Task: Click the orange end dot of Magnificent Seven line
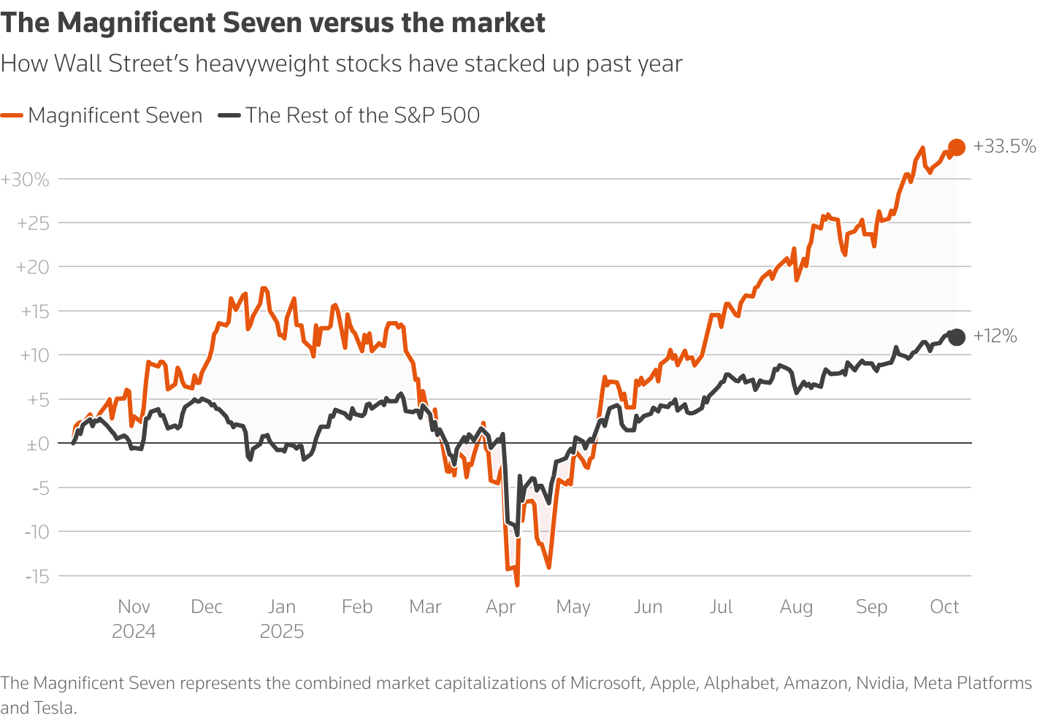pos(956,147)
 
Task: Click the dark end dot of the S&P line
pos(956,336)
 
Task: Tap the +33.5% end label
pos(1004,147)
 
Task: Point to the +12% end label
pos(995,336)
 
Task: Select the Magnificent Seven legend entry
pos(115,115)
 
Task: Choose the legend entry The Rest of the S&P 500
pos(362,115)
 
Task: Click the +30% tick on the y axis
pos(25,180)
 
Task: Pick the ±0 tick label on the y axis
pos(37,444)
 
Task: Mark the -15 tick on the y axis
pos(37,577)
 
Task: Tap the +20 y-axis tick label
pos(32,268)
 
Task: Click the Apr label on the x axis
pos(501,607)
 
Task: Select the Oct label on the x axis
pos(944,607)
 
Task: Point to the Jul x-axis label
pos(721,607)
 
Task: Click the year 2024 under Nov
pos(134,631)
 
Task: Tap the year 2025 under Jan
pos(282,631)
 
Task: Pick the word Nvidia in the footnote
pos(881,684)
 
